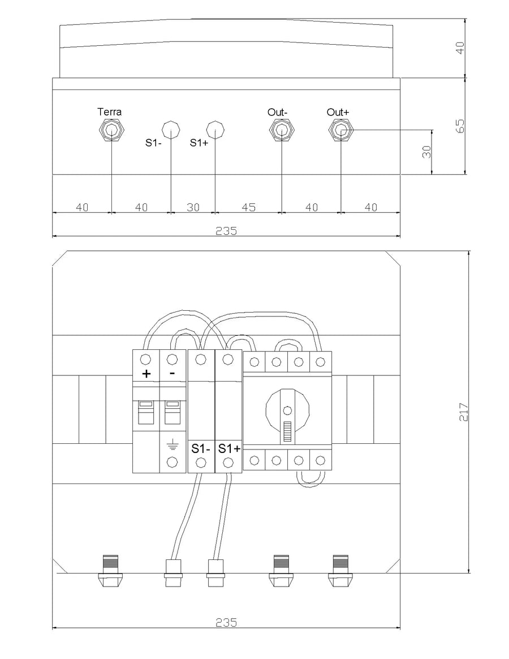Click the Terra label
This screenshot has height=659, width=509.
110,112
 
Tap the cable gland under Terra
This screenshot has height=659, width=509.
111,131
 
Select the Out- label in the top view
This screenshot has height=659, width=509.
278,112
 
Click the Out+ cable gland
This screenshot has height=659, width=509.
340,131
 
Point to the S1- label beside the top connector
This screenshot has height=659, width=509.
154,143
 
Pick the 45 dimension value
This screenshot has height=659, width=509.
249,207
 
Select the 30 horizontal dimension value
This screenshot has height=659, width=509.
193,207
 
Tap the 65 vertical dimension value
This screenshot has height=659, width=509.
460,126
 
